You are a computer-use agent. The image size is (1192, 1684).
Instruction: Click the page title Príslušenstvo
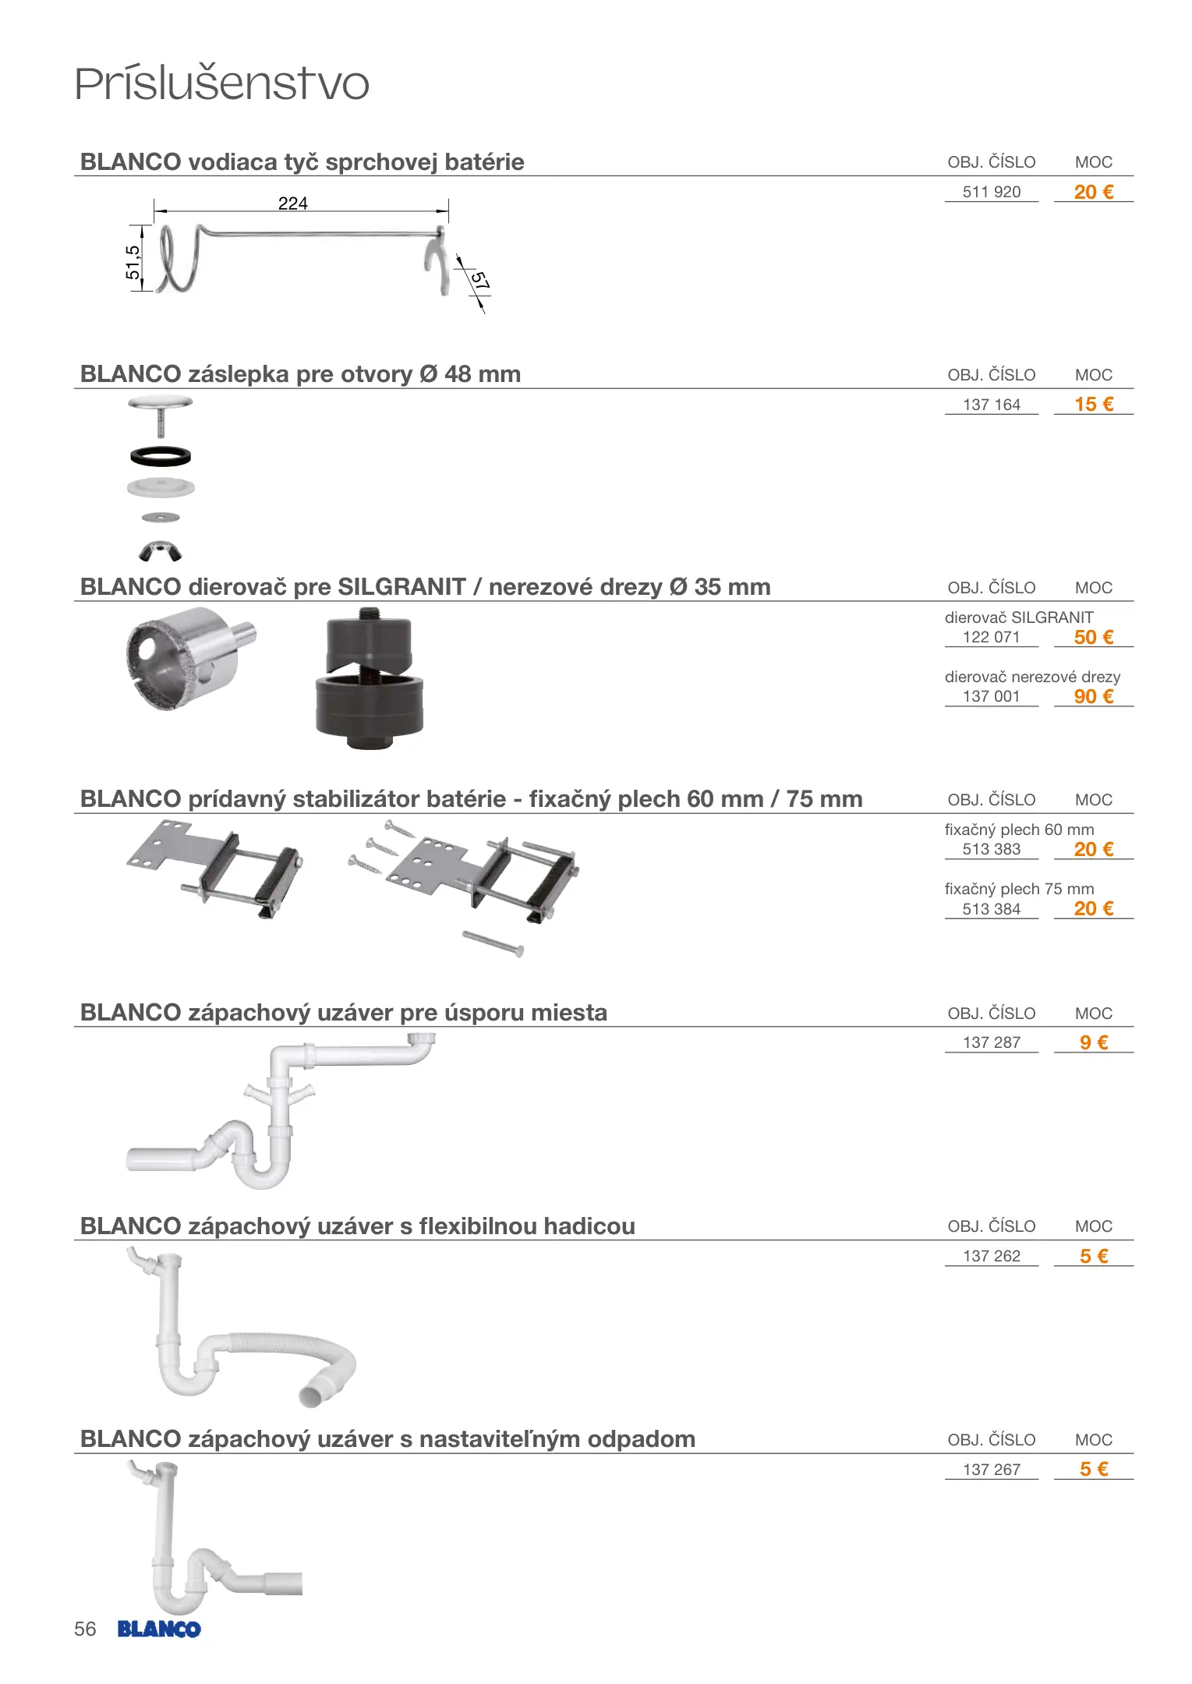(x=221, y=84)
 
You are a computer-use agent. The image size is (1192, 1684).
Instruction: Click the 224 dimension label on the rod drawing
(x=292, y=203)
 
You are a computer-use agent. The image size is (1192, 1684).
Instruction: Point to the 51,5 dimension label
(x=133, y=262)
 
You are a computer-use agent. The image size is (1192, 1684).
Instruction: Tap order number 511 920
(x=991, y=192)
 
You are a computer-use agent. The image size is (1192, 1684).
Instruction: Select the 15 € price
(x=1093, y=404)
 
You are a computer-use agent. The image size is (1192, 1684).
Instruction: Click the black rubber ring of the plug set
(x=161, y=455)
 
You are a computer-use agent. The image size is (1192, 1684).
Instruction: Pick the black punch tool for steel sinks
(x=370, y=678)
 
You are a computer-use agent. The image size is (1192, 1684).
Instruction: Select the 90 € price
(x=1093, y=696)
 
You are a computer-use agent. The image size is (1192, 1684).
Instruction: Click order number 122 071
(x=991, y=637)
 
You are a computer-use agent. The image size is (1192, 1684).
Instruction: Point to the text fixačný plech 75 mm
(x=1019, y=889)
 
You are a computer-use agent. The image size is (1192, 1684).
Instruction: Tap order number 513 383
(x=991, y=849)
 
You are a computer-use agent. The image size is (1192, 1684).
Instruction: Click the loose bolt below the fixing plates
(x=493, y=943)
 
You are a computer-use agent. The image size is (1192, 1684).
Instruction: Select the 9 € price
(x=1093, y=1042)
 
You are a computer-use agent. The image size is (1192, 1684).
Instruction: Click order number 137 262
(x=991, y=1256)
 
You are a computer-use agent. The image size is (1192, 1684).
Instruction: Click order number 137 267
(x=991, y=1470)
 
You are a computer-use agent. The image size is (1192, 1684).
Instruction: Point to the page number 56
(x=85, y=1629)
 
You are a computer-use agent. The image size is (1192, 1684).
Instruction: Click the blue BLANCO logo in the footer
(x=159, y=1629)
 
